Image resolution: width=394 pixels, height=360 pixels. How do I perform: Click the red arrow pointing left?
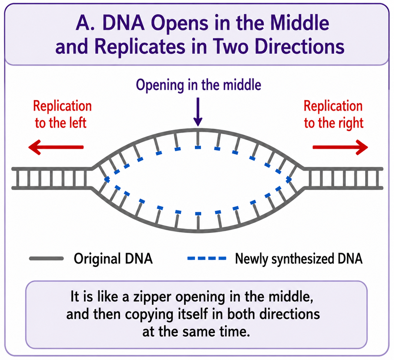click(56, 147)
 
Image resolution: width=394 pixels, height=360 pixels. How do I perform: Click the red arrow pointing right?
click(340, 147)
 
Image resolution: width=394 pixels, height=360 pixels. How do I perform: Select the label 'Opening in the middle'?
click(199, 85)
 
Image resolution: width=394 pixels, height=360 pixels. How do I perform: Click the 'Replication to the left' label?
click(62, 114)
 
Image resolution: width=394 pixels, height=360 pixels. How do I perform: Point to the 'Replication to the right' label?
click(333, 114)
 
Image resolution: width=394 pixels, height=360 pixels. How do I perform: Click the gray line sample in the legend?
click(47, 259)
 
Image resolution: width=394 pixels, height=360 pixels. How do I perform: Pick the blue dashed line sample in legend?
click(207, 258)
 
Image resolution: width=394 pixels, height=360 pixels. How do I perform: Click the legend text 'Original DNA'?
click(113, 259)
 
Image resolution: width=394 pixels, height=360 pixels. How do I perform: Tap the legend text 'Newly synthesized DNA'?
click(299, 259)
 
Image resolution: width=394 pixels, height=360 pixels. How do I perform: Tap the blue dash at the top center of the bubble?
click(198, 147)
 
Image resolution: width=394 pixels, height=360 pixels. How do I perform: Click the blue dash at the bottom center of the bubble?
click(198, 213)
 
